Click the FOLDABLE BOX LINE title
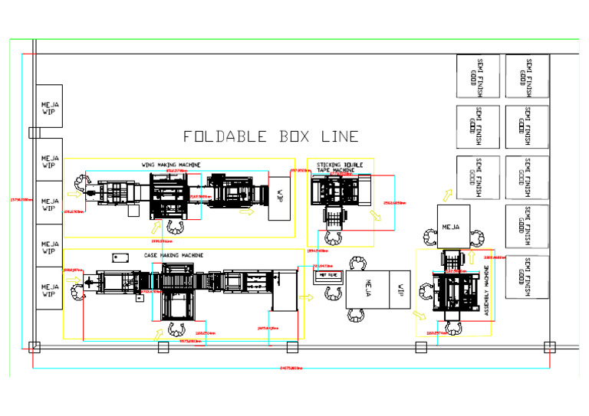pos(270,137)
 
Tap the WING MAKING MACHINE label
pos(171,165)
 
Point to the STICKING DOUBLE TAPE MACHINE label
pos(340,166)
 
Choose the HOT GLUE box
pos(327,274)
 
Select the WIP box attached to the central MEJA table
pos(400,290)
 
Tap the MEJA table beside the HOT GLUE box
pos(367,290)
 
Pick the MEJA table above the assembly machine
pos(453,228)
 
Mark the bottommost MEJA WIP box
pos(50,288)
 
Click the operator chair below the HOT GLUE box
pos(333,292)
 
